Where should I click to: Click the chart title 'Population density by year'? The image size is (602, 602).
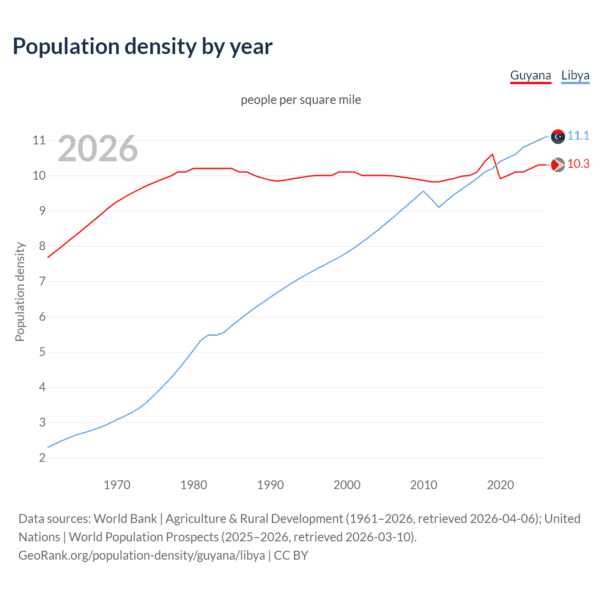(x=143, y=47)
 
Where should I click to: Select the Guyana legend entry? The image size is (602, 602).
(x=530, y=76)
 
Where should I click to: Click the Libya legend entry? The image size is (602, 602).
(x=575, y=76)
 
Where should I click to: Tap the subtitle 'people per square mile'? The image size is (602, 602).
(x=301, y=100)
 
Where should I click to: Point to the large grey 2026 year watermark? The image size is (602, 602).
(x=98, y=149)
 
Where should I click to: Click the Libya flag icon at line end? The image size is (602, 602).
(x=558, y=136)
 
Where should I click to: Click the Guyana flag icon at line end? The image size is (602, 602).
(x=558, y=165)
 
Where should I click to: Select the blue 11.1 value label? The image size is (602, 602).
(x=578, y=136)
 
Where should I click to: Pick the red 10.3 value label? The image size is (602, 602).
(x=578, y=164)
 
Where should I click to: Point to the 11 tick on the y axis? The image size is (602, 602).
(x=39, y=141)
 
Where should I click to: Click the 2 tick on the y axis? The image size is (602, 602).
(x=42, y=458)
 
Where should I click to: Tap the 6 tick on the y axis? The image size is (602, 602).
(x=42, y=317)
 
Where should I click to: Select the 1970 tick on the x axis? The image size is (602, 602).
(x=117, y=485)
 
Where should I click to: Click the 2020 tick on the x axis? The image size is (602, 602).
(x=500, y=485)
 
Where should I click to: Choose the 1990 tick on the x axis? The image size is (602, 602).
(x=270, y=485)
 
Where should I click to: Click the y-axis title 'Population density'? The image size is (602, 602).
(x=20, y=292)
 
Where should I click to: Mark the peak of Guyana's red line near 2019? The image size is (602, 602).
(x=492, y=154)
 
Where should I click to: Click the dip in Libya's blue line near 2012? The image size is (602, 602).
(x=439, y=207)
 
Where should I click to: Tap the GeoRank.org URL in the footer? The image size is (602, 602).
(x=142, y=555)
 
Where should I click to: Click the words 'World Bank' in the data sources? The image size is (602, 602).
(x=125, y=519)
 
